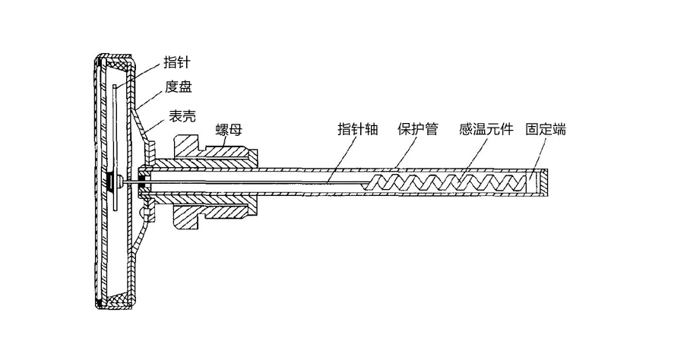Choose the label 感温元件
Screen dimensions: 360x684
click(x=484, y=129)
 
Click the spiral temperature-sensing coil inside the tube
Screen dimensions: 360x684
click(x=448, y=183)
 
